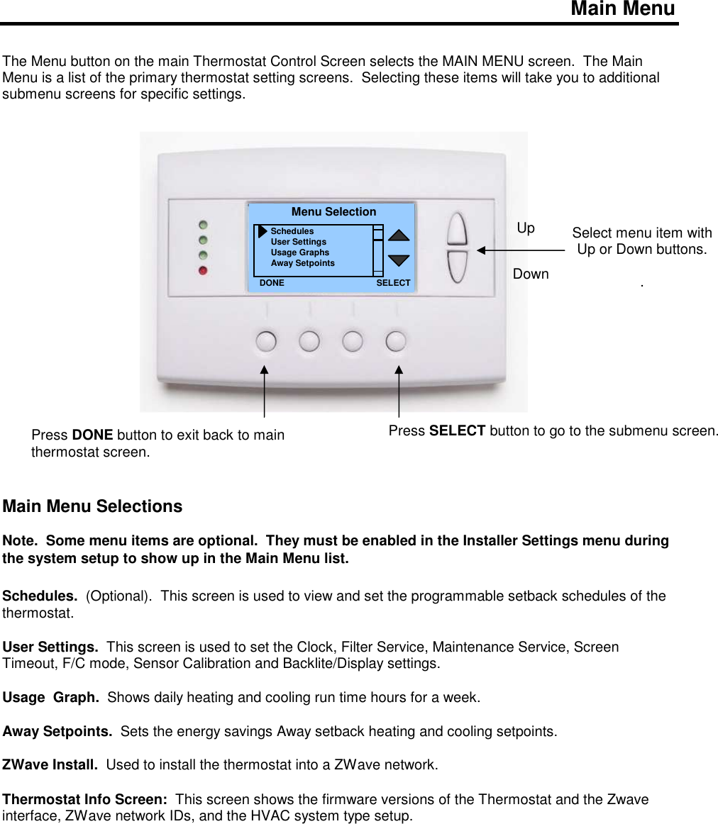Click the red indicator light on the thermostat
tap(204, 270)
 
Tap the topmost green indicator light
tap(204, 223)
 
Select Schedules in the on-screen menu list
tap(292, 231)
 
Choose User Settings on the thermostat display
tap(299, 242)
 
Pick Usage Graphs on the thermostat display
tap(300, 252)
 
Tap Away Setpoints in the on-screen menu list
tap(303, 263)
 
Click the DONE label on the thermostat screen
tap(272, 282)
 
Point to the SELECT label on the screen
tap(393, 282)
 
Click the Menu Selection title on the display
tap(333, 212)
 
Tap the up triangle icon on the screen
tap(399, 235)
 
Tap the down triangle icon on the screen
tap(399, 260)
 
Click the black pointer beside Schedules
tap(263, 231)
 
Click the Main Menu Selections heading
tap(92, 506)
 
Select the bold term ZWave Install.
tap(50, 764)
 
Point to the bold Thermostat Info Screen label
tap(85, 800)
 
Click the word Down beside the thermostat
tap(531, 274)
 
